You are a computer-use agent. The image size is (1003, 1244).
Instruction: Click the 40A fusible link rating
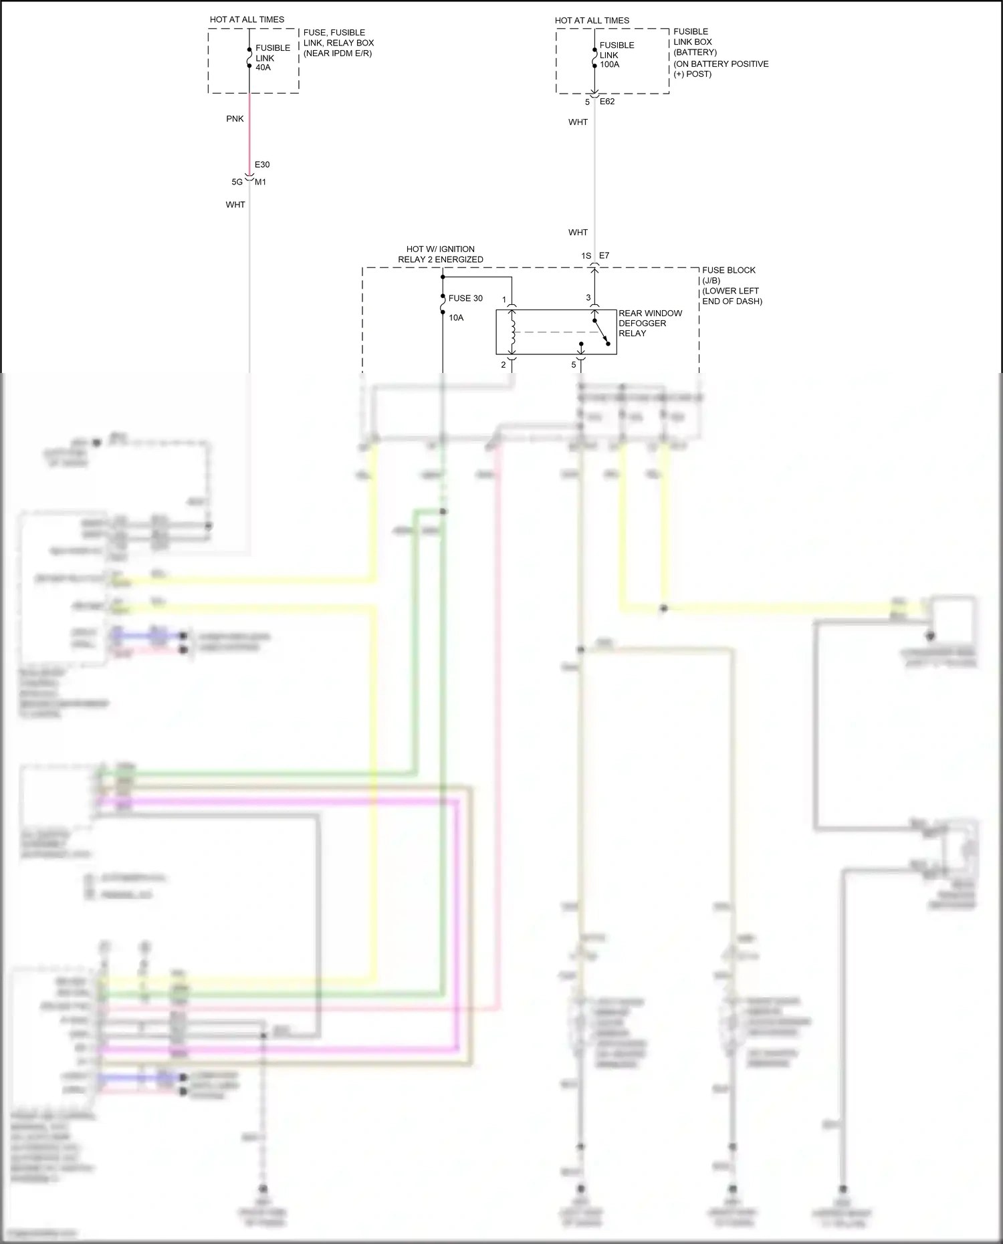pos(263,68)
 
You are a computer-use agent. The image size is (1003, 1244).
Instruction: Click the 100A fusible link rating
pos(609,65)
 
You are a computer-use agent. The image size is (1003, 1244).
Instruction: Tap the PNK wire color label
pos(235,119)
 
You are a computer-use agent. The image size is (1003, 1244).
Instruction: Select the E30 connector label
pos(262,164)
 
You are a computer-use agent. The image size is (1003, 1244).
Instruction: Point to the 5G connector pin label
pos(237,182)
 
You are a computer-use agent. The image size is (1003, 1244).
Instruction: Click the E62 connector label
pos(607,102)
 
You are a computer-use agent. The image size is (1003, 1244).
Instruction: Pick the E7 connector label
pos(604,255)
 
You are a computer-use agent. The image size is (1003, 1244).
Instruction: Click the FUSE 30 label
pos(465,298)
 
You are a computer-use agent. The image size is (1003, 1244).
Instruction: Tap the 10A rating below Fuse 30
pos(456,318)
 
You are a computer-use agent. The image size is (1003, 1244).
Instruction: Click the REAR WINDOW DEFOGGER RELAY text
pos(650,323)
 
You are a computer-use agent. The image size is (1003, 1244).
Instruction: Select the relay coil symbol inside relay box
pos(513,332)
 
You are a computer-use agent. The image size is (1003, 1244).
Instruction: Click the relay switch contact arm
pos(601,332)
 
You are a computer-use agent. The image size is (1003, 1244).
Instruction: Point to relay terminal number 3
pos(588,297)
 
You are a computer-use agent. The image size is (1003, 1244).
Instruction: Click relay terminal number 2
pos(504,365)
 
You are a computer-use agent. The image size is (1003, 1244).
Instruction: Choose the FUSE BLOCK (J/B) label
pos(729,275)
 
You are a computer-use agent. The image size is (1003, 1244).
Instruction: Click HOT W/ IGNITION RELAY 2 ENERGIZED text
pos(441,254)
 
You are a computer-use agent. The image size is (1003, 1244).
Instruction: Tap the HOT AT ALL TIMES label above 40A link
pos(247,19)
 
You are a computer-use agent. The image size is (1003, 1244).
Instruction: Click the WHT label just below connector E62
pos(578,122)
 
